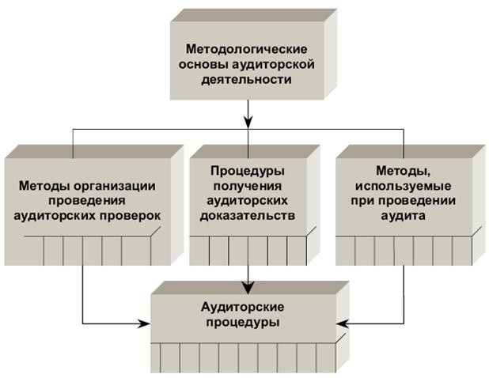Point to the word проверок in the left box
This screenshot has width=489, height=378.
131,215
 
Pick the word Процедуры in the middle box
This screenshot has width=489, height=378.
248,170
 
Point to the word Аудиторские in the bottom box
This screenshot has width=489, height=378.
248,307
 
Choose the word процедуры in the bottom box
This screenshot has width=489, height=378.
248,323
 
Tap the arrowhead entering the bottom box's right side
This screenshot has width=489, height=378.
343,323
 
